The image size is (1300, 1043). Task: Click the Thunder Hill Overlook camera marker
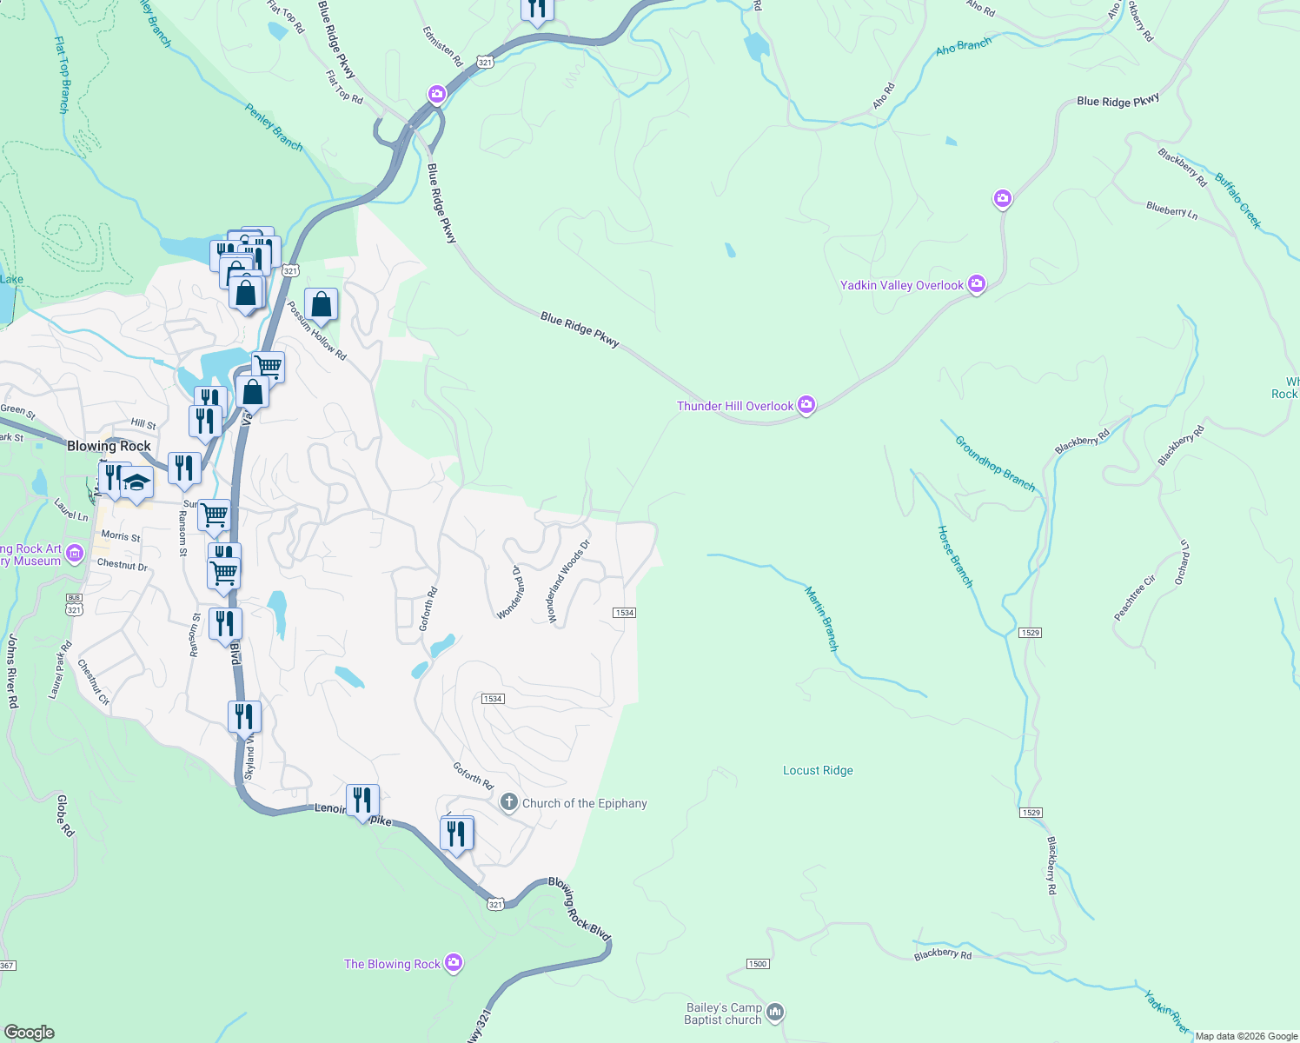pos(806,405)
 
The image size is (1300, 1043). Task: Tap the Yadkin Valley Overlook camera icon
pos(977,284)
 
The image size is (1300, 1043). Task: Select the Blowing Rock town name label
pos(109,446)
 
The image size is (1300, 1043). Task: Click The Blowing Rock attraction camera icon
pos(453,963)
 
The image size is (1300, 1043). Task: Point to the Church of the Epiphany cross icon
pos(509,803)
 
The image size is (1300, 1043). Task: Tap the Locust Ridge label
pos(818,770)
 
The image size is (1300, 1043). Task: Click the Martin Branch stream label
pos(821,619)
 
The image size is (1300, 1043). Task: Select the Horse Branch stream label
pos(955,557)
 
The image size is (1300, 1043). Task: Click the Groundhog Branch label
pos(995,463)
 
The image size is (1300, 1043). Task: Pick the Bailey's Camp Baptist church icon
pos(775,1013)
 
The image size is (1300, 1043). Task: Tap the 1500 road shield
pos(758,964)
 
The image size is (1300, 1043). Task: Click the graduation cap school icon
pos(136,482)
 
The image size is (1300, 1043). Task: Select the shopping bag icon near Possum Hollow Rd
pos(321,305)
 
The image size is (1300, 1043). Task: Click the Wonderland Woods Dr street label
pos(568,581)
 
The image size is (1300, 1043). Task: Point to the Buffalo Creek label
pos(1237,201)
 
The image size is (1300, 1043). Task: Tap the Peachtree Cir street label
pos(1135,598)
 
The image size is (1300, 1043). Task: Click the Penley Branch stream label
pos(274,128)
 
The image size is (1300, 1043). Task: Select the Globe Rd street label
pos(65,815)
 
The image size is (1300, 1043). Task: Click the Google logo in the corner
pos(30,1033)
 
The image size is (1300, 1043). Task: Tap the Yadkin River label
pos(1166,1012)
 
